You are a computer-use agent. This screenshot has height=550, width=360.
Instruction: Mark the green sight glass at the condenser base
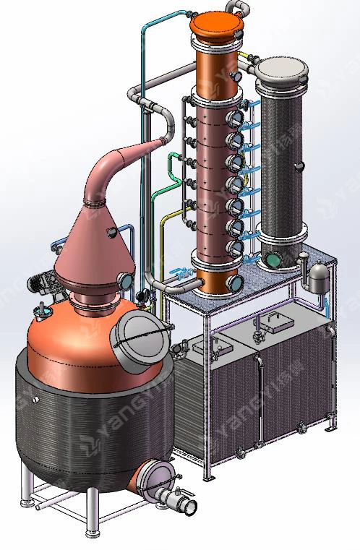point(274,259)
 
